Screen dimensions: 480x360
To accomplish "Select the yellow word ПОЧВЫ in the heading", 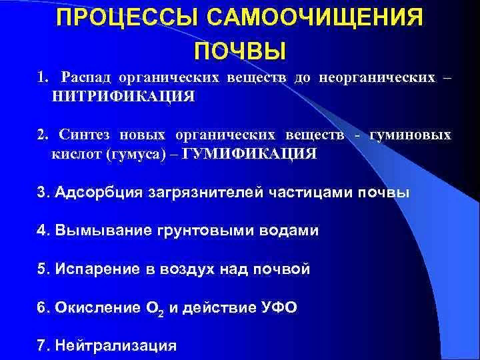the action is (x=240, y=51).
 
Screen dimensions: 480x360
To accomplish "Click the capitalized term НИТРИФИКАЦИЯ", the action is (x=123, y=97).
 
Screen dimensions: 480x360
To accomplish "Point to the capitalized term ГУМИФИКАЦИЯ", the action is (x=249, y=153).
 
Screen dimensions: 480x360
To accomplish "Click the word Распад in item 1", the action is (x=86, y=78).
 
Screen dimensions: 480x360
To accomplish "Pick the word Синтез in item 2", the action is (x=84, y=135).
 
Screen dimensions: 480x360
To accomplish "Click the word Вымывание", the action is (x=103, y=230).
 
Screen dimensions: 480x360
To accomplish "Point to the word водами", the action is (x=289, y=231).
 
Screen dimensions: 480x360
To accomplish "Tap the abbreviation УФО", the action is (x=279, y=307).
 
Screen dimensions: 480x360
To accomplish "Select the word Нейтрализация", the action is (x=116, y=345).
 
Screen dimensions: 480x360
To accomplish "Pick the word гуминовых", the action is (x=410, y=135).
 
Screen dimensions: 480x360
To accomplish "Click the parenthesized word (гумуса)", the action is (x=135, y=154).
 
